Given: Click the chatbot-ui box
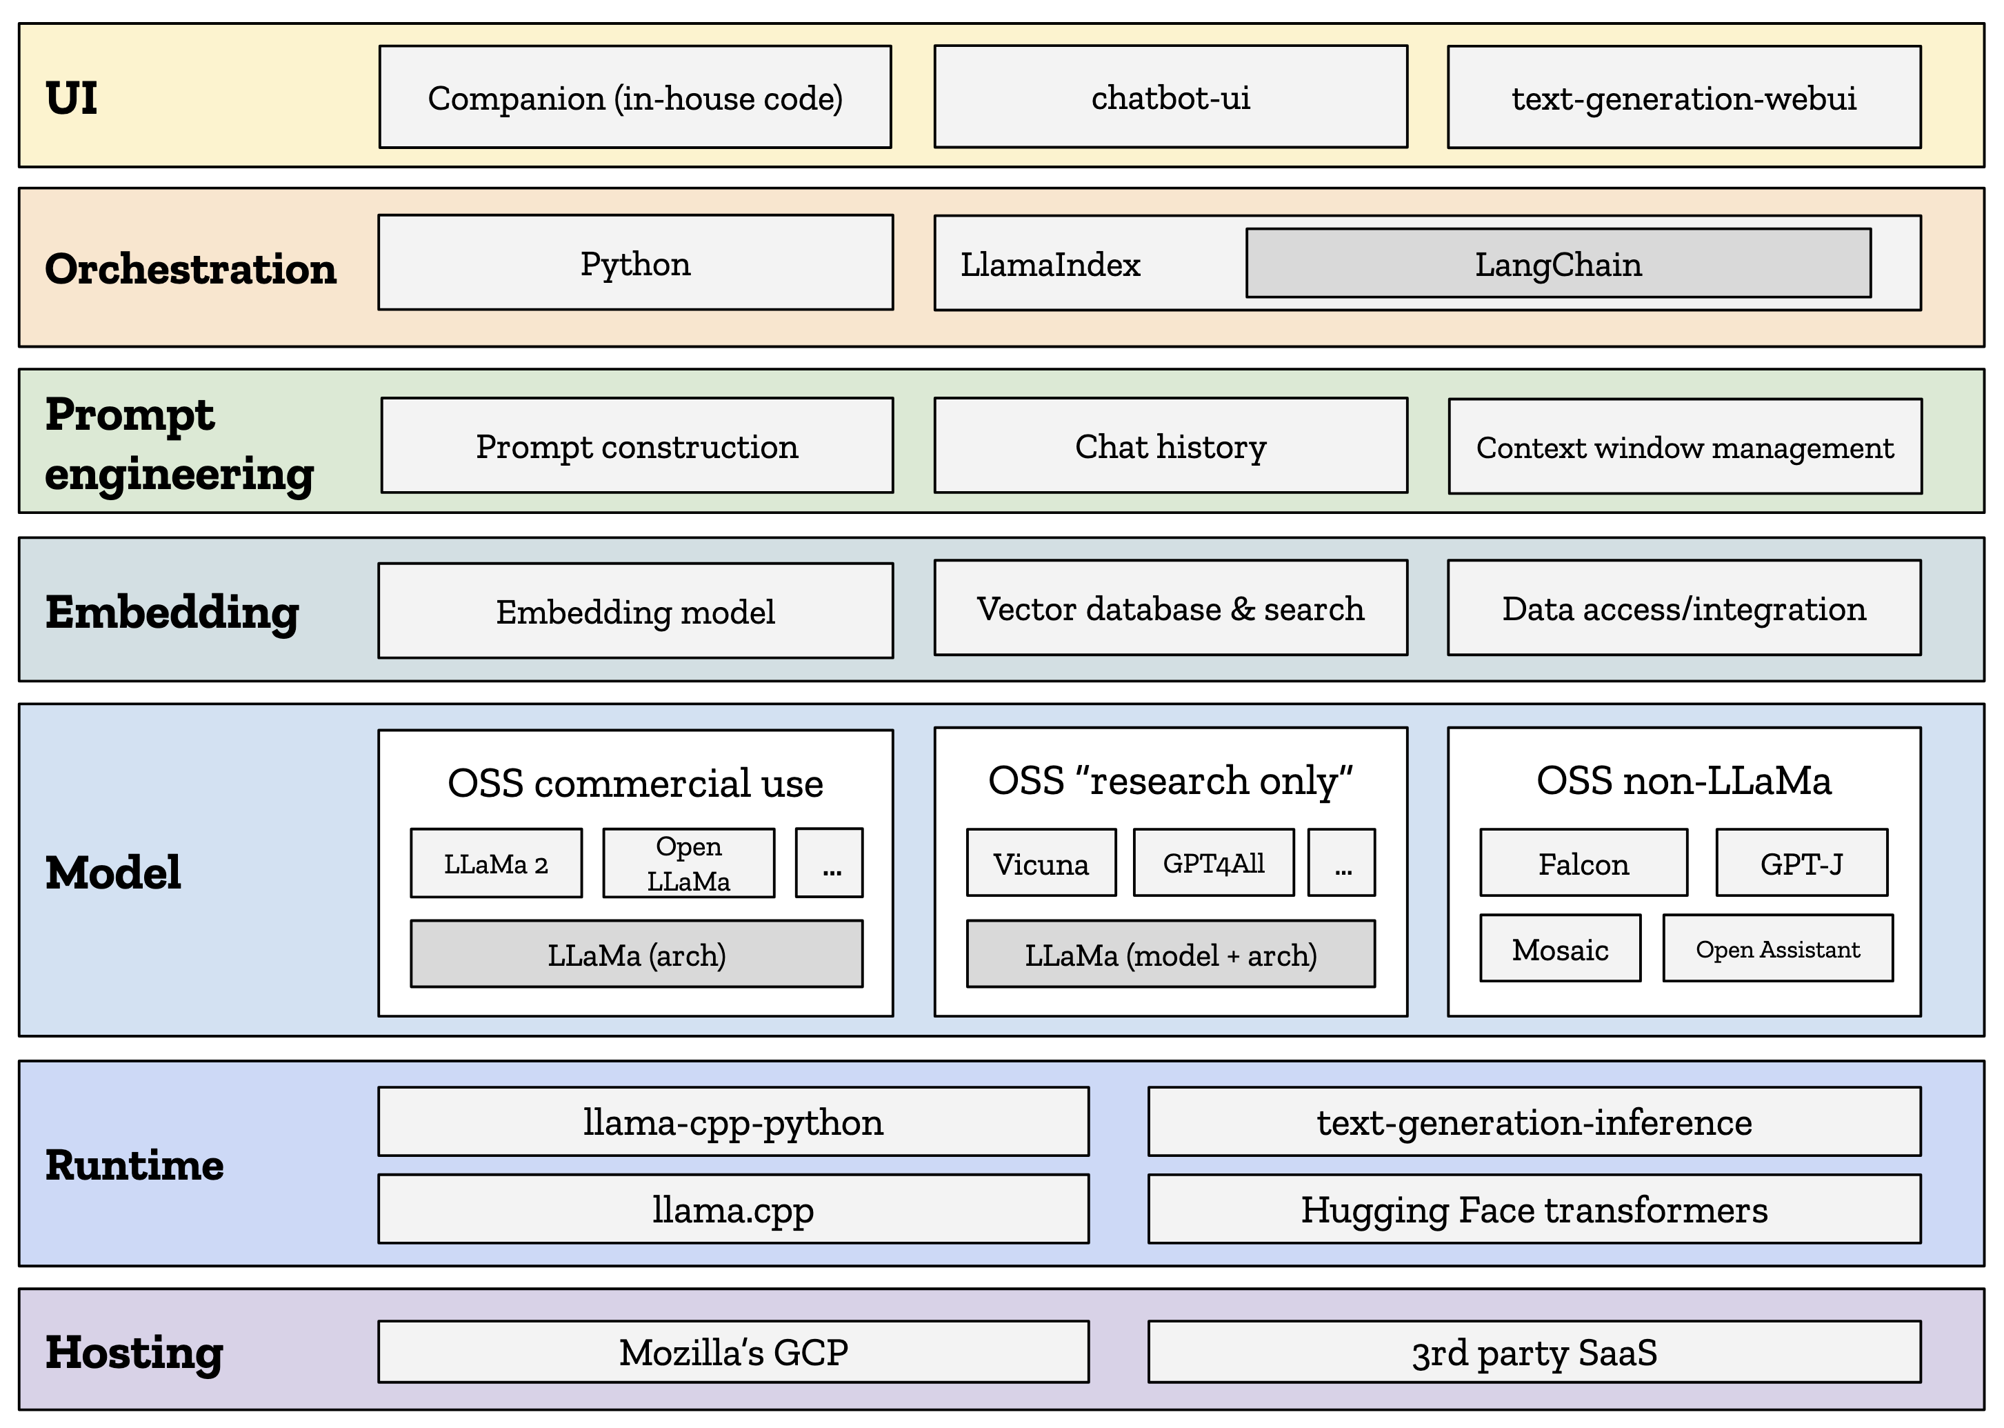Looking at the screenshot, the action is point(1171,97).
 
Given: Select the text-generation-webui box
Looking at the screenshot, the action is point(1684,97).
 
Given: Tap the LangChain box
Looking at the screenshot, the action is point(1559,264).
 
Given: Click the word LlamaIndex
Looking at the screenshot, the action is point(1050,265).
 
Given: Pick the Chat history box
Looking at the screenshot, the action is point(1171,446).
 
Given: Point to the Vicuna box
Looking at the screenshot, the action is point(1041,862).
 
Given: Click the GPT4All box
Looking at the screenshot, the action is point(1214,862).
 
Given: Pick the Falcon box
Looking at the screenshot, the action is point(1584,862).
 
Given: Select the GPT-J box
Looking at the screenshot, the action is point(1802,862).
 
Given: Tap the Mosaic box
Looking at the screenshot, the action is point(1560,948).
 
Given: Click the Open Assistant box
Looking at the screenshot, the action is point(1778,948).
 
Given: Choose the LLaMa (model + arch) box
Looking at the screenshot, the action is point(1171,954).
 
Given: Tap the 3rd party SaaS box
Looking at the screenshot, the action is point(1534,1351).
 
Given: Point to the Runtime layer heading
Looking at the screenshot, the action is point(134,1165).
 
